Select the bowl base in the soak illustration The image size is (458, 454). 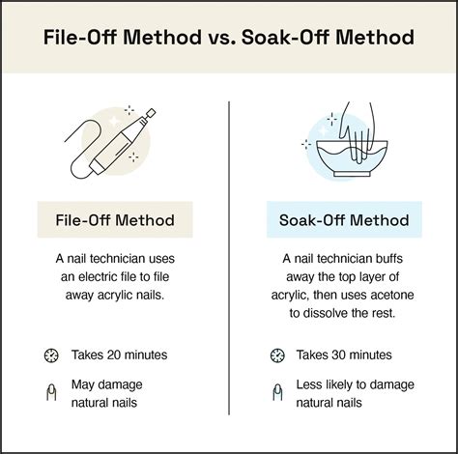pyautogui.click(x=352, y=174)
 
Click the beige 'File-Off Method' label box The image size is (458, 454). pyautogui.click(x=115, y=219)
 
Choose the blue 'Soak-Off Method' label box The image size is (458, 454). pyautogui.click(x=344, y=219)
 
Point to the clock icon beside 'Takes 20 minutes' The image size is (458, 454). pyautogui.click(x=51, y=355)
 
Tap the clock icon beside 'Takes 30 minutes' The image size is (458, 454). pyautogui.click(x=277, y=355)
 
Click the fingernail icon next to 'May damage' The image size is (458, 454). pyautogui.click(x=51, y=392)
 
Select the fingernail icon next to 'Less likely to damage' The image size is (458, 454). pyautogui.click(x=277, y=392)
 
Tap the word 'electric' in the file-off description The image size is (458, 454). pyautogui.click(x=98, y=276)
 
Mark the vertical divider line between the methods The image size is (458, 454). pyautogui.click(x=229, y=258)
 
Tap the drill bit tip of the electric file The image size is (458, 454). pyautogui.click(x=151, y=113)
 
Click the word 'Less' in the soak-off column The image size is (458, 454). pyautogui.click(x=309, y=384)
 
